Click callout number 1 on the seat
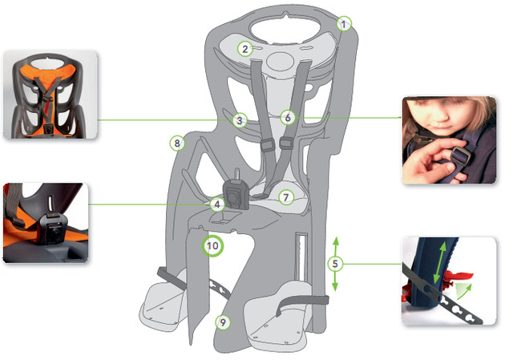coord(344,23)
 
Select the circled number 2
coord(245,49)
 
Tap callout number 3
coord(240,120)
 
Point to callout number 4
coord(217,204)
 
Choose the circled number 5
coord(335,264)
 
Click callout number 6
coord(288,117)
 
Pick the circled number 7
coord(286,197)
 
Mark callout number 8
coord(177,143)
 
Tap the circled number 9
coord(223,322)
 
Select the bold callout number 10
coord(212,245)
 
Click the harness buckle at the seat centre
coord(236,196)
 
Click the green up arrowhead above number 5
coord(335,241)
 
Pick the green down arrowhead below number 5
coord(335,287)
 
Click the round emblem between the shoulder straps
coord(281,61)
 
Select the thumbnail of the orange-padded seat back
coord(50,95)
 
